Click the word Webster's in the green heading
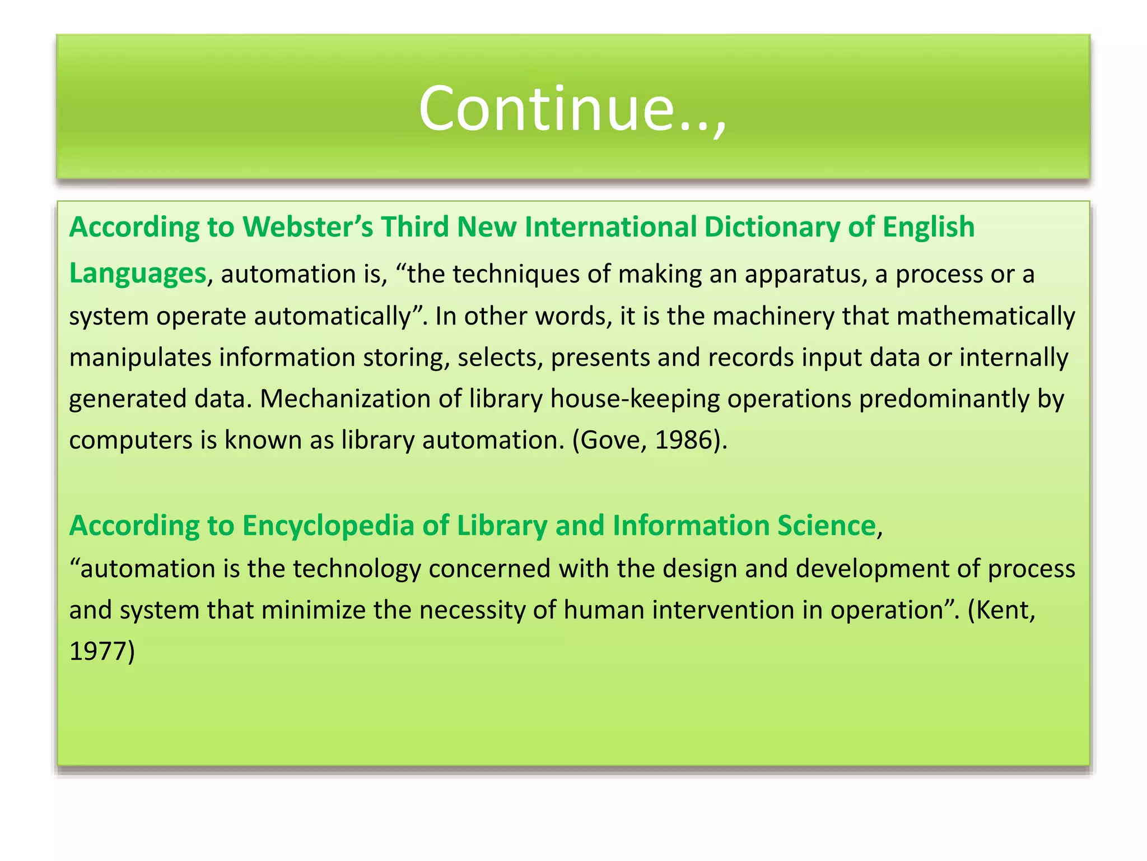pyautogui.click(x=307, y=227)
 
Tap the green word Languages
pyautogui.click(x=138, y=274)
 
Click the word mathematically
pyautogui.click(x=985, y=316)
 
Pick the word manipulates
pyautogui.click(x=140, y=358)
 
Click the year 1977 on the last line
pyautogui.click(x=98, y=652)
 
